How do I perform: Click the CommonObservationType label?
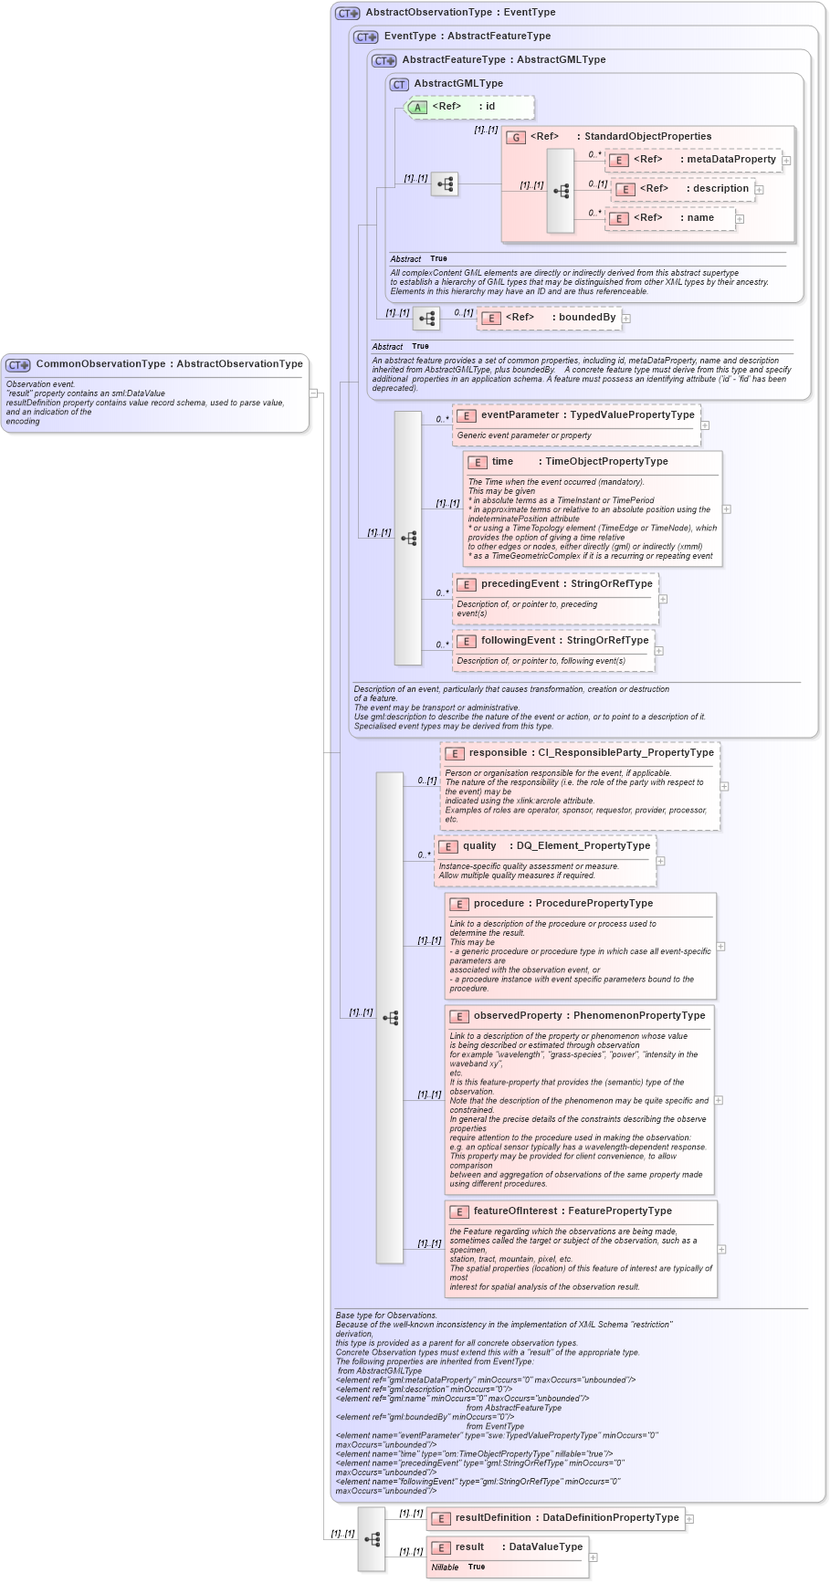pyautogui.click(x=169, y=364)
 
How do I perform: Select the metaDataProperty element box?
pyautogui.click(x=693, y=160)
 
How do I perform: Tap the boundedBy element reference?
pyautogui.click(x=550, y=318)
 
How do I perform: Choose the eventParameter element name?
pyautogui.click(x=519, y=415)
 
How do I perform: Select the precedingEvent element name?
pyautogui.click(x=520, y=584)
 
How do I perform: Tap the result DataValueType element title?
pyautogui.click(x=518, y=1547)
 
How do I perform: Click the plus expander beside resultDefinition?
pyautogui.click(x=690, y=1519)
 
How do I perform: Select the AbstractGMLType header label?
pyautogui.click(x=457, y=84)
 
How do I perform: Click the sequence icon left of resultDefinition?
pyautogui.click(x=372, y=1539)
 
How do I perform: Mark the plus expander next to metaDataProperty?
pyautogui.click(x=786, y=161)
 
